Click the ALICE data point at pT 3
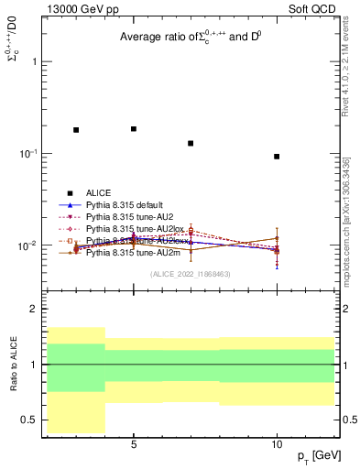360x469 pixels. (x=76, y=130)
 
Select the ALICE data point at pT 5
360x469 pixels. (x=134, y=129)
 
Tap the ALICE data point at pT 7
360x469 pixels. (x=191, y=143)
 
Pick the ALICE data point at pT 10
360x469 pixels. (x=277, y=157)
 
